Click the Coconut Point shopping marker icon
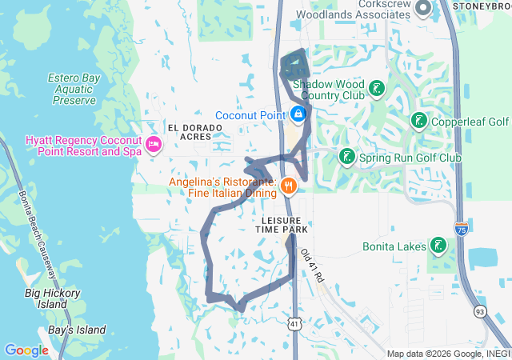pyautogui.click(x=298, y=115)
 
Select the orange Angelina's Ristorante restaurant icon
pyautogui.click(x=289, y=187)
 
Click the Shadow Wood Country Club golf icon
pyautogui.click(x=375, y=89)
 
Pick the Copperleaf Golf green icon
pyautogui.click(x=418, y=122)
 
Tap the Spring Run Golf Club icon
pyautogui.click(x=346, y=157)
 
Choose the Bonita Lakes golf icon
pyautogui.click(x=438, y=246)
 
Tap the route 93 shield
pyautogui.click(x=479, y=310)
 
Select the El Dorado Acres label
pyautogui.click(x=190, y=132)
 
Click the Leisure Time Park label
pyautogui.click(x=285, y=224)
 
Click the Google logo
pyautogui.click(x=26, y=350)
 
